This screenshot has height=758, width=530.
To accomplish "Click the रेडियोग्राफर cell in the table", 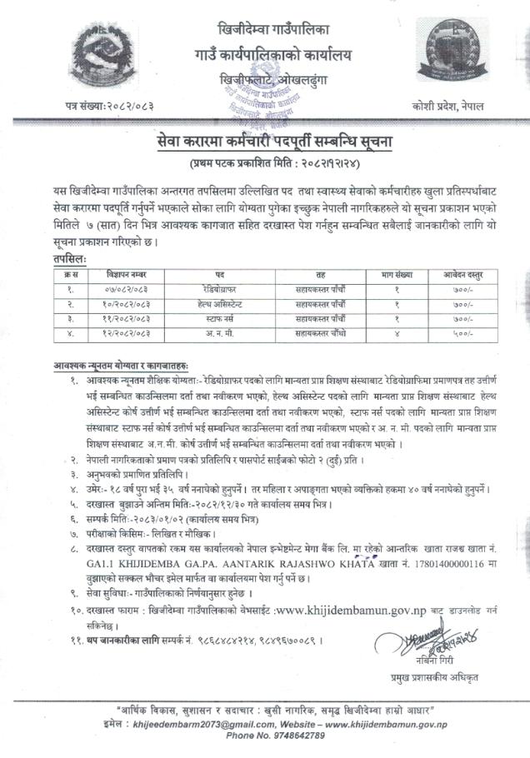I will click(x=220, y=289).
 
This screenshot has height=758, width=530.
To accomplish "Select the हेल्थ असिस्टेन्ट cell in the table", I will click(x=220, y=304).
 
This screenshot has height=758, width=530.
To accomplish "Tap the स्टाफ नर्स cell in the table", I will click(x=220, y=319).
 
